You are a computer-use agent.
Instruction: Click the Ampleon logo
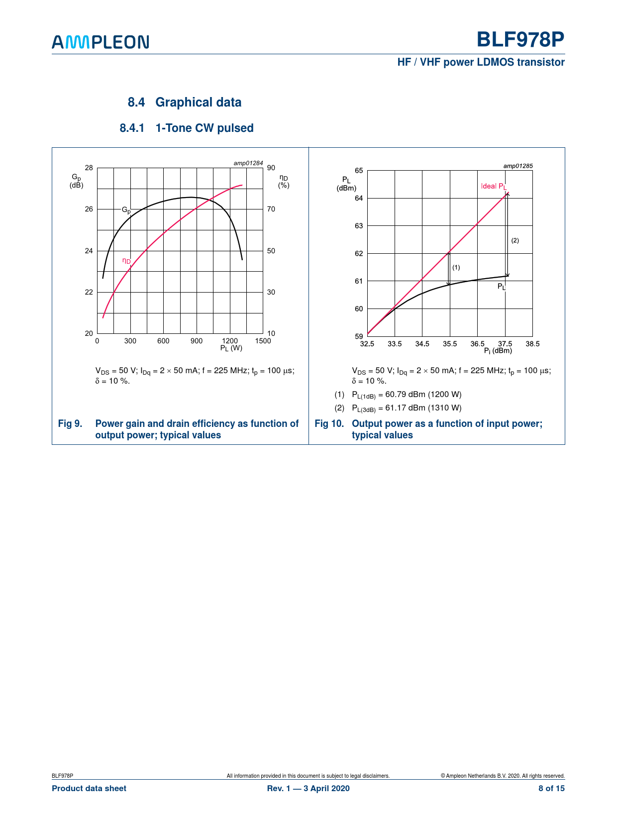pyautogui.click(x=101, y=42)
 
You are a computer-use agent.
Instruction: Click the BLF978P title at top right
pyautogui.click(x=520, y=39)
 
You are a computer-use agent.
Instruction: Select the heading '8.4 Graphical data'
pyautogui.click(x=185, y=103)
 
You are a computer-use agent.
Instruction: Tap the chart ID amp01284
pyautogui.click(x=248, y=163)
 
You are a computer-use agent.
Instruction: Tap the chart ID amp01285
pyautogui.click(x=518, y=166)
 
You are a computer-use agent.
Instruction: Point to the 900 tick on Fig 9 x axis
pyautogui.click(x=197, y=341)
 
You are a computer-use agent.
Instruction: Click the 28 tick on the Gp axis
pyautogui.click(x=89, y=168)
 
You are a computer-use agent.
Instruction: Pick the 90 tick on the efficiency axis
pyautogui.click(x=271, y=168)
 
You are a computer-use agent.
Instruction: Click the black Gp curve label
pyautogui.click(x=126, y=210)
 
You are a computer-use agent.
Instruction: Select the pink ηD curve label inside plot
pyautogui.click(x=126, y=261)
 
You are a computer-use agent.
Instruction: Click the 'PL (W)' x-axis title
pyautogui.click(x=231, y=348)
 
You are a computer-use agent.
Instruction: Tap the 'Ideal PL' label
pyautogui.click(x=494, y=187)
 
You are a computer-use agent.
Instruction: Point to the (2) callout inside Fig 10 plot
pyautogui.click(x=515, y=240)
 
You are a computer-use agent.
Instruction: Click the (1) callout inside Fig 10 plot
pyautogui.click(x=456, y=267)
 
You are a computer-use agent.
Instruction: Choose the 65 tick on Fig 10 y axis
pyautogui.click(x=359, y=171)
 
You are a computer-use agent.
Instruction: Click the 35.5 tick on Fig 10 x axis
pyautogui.click(x=450, y=344)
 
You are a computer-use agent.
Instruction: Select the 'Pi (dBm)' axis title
pyautogui.click(x=498, y=351)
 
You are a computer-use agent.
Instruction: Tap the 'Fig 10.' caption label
pyautogui.click(x=329, y=423)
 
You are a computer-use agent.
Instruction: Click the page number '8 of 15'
pyautogui.click(x=551, y=788)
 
